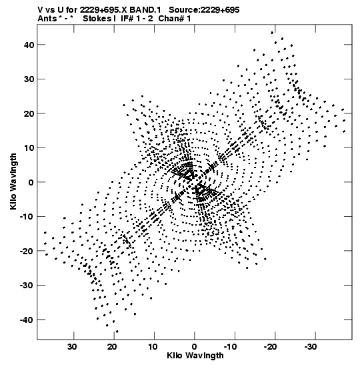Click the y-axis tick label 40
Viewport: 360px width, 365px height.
[x=29, y=45]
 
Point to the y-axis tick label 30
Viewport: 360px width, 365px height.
[x=29, y=79]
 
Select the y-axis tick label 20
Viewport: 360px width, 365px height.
[x=29, y=113]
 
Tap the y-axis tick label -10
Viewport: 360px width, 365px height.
[x=27, y=217]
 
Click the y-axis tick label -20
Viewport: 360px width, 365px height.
[x=27, y=251]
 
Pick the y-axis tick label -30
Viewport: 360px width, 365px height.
[x=27, y=286]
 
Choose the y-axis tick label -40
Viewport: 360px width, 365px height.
[x=27, y=320]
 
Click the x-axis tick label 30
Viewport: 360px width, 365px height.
[x=72, y=347]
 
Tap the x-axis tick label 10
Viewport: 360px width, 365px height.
[x=153, y=347]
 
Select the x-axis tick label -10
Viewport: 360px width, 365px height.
[x=230, y=347]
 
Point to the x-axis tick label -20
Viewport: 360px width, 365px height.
[x=270, y=347]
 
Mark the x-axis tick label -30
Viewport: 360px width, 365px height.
[x=311, y=347]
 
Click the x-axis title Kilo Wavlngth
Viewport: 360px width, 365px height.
[x=195, y=356]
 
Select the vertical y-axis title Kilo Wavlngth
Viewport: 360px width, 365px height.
[x=13, y=181]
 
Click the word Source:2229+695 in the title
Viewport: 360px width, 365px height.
[x=204, y=10]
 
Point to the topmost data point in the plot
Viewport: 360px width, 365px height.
[x=272, y=33]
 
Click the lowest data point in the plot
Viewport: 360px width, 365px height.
[x=117, y=332]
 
